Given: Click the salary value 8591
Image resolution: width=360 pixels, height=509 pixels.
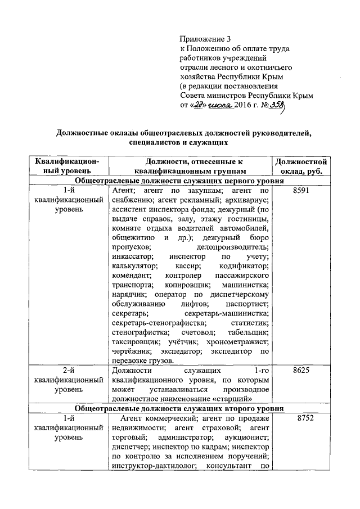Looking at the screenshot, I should (301, 191).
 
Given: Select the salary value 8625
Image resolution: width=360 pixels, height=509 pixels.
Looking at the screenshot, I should (301, 371).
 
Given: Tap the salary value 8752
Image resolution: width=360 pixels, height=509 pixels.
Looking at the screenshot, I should (301, 418).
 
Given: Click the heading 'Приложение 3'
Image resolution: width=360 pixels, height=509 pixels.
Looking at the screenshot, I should (205, 39).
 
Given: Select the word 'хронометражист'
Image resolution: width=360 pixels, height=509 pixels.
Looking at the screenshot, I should (242, 341).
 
